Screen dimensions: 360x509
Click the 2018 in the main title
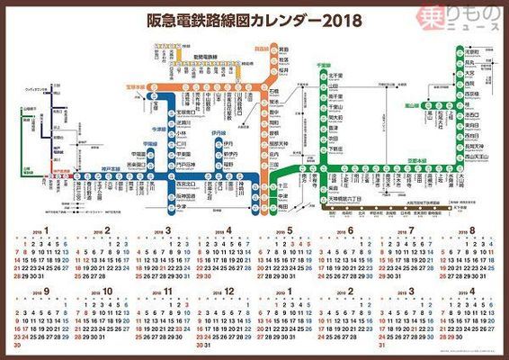tap(332, 19)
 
